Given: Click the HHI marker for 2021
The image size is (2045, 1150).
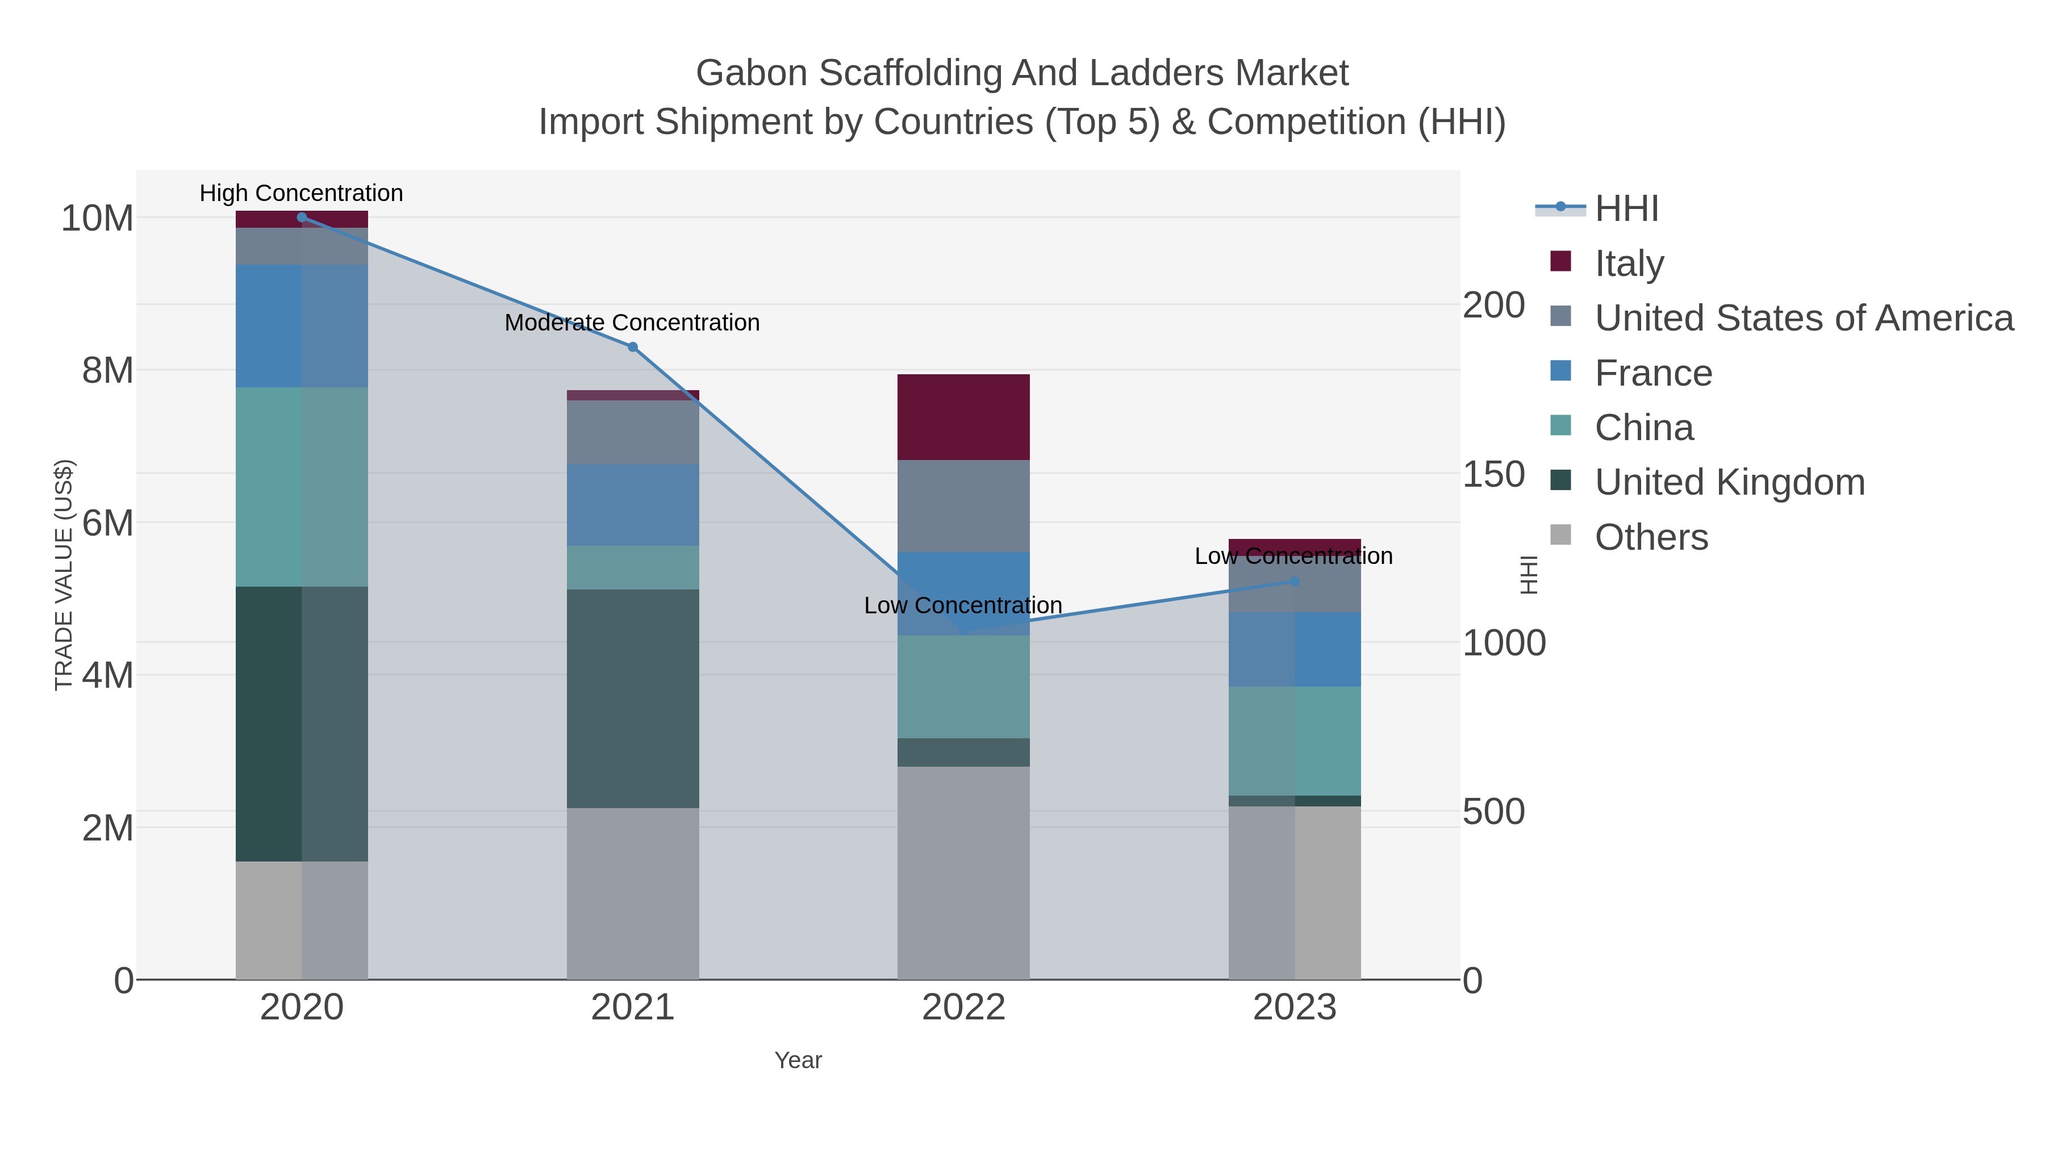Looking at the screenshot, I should (633, 347).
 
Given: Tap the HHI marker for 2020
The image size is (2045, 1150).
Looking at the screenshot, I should (302, 218).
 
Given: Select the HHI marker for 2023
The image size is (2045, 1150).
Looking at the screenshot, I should (1295, 581).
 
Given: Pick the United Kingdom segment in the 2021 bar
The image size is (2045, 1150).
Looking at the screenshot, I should (633, 699).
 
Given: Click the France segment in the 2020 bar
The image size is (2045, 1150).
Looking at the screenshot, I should (302, 326).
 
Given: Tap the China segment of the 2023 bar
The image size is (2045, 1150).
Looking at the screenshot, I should (1295, 741).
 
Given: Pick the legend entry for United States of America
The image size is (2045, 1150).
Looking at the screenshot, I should (1803, 318).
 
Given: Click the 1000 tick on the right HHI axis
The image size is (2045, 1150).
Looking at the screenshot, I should (1504, 643).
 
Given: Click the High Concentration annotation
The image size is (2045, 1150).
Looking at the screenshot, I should (302, 194).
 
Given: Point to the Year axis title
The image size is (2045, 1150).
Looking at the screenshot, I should (798, 1060).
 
